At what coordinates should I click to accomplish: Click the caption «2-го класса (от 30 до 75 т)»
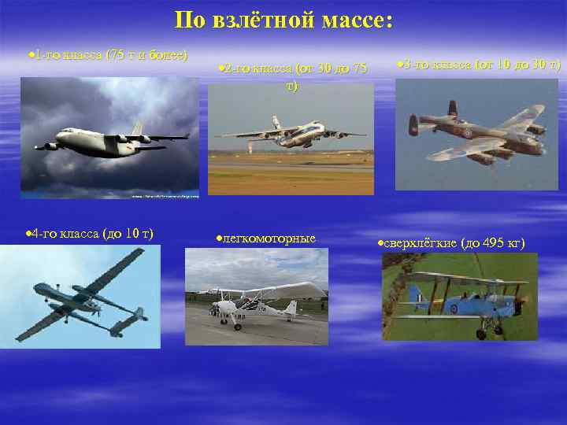(x=291, y=76)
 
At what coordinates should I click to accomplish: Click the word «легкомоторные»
(x=269, y=238)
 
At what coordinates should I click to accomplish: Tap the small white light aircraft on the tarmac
(x=252, y=303)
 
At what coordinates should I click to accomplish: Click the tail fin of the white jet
(x=138, y=128)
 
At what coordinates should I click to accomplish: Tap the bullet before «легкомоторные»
(x=219, y=238)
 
